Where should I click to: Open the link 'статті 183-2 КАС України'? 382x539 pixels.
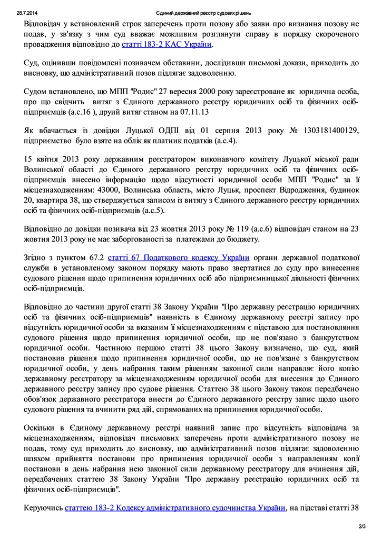click(167, 45)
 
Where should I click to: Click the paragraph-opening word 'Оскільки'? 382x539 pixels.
click(41, 427)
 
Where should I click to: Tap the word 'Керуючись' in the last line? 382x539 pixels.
click(43, 508)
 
